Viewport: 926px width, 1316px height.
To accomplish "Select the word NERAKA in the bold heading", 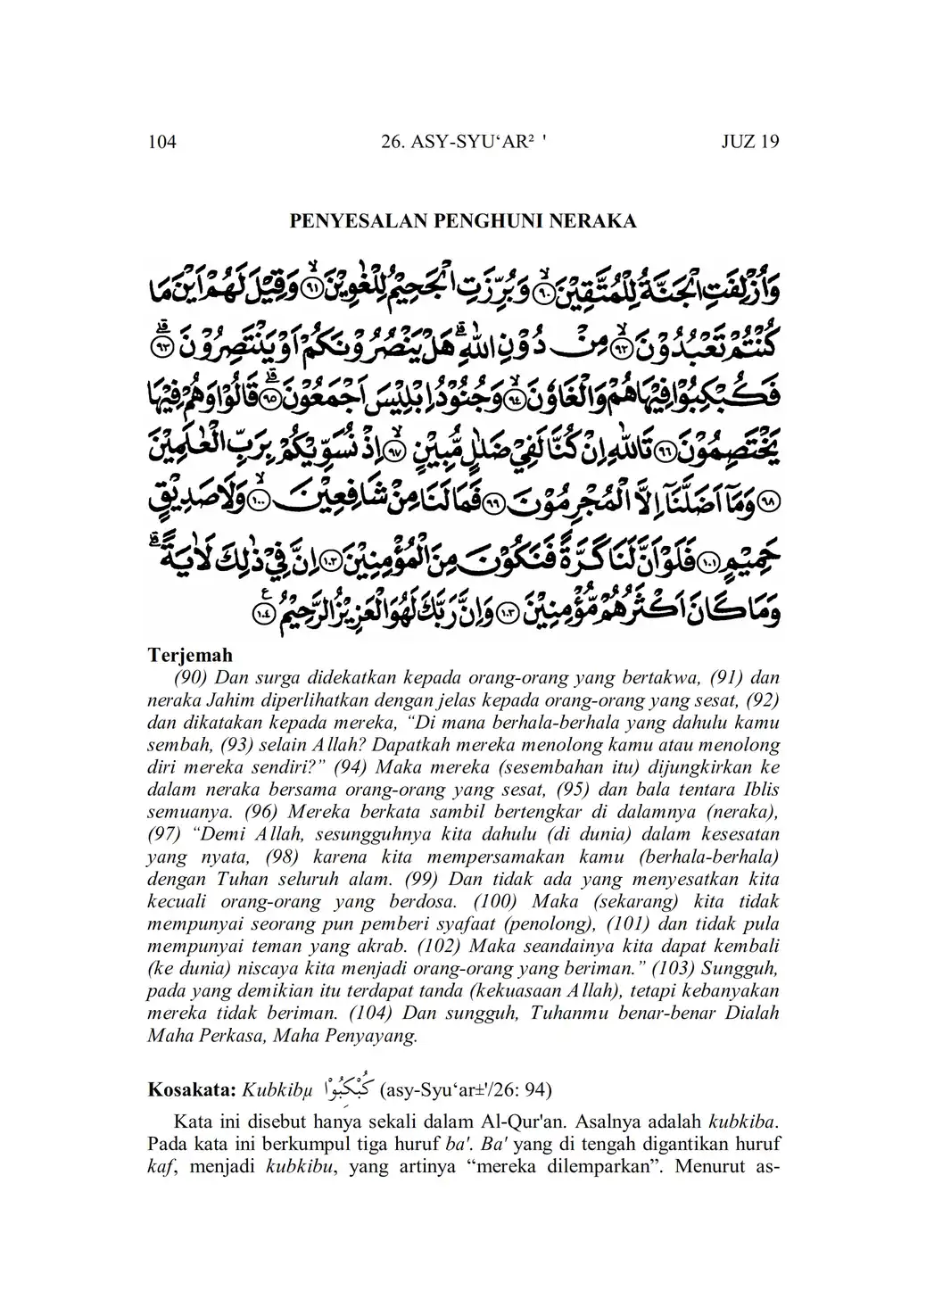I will coord(598,221).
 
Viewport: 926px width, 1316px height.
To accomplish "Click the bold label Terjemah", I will coord(190,656).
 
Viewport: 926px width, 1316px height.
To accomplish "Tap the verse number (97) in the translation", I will coord(166,835).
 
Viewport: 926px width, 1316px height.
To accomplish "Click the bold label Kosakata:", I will coord(190,1089).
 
